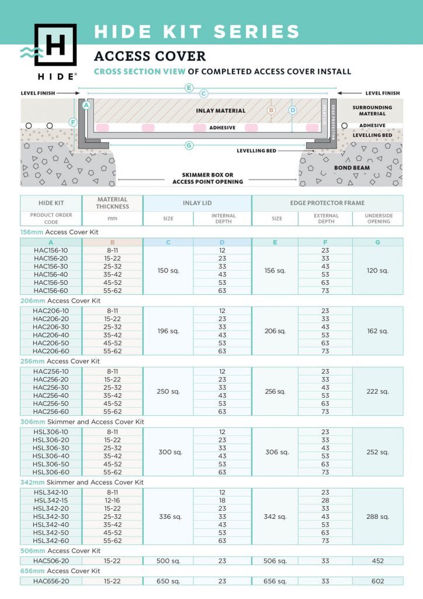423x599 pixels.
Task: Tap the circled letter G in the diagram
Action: tap(189, 146)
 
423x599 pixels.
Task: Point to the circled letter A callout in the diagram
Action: tap(86, 106)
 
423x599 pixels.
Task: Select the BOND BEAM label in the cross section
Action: tap(352, 168)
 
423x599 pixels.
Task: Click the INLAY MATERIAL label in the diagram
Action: tap(221, 111)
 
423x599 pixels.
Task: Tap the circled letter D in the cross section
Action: tap(293, 110)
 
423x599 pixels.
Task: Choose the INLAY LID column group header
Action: tap(197, 203)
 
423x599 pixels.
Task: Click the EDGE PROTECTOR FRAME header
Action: tap(327, 203)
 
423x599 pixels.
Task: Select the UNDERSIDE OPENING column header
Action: tap(378, 218)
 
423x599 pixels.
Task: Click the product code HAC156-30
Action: tap(51, 266)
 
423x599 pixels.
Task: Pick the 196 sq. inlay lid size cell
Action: tap(168, 331)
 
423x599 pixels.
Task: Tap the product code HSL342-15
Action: tap(51, 501)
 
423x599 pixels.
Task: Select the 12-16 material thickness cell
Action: tap(113, 501)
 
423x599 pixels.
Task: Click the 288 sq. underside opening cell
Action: tap(377, 517)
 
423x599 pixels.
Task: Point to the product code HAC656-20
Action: tap(51, 581)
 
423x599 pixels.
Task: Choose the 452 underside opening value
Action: tap(377, 561)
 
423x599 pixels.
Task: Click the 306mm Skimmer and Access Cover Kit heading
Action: tap(82, 422)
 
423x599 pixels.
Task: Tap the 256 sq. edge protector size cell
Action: tap(275, 391)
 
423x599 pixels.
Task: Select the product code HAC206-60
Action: tap(51, 351)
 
